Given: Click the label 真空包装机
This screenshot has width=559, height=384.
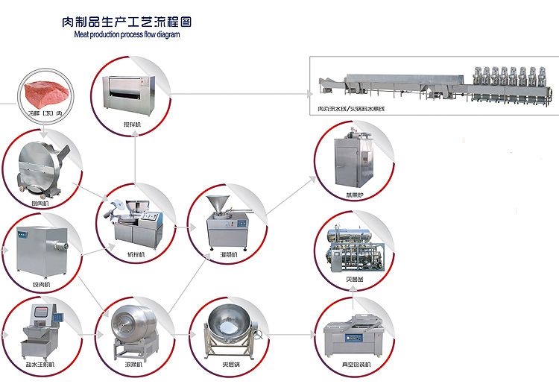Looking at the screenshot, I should [x=355, y=364].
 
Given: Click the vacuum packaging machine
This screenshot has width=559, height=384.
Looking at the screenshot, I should [x=353, y=336].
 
